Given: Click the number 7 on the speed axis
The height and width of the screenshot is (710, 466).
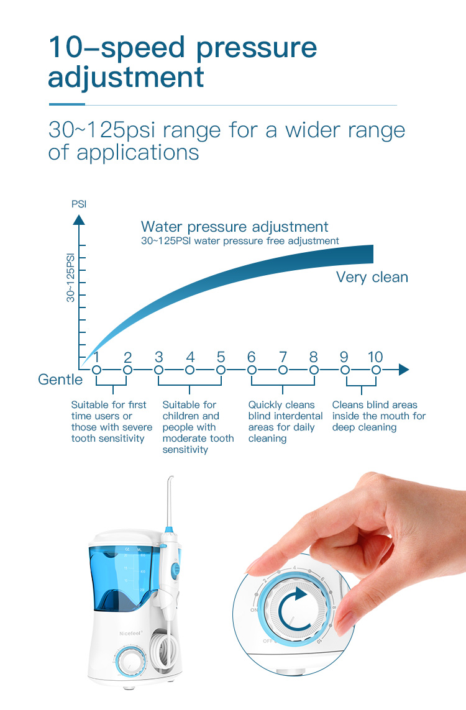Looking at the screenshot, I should [283, 357].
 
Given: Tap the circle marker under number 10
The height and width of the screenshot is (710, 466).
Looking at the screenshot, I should [376, 370].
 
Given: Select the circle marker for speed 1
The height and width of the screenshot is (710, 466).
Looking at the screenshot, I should [96, 370].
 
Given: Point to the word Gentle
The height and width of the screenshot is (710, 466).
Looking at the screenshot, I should [60, 380].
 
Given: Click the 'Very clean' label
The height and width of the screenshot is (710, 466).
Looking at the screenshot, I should [372, 277].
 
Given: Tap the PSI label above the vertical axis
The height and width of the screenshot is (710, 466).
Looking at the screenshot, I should [79, 204].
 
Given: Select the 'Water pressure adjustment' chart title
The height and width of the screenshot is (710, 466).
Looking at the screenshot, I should [234, 227].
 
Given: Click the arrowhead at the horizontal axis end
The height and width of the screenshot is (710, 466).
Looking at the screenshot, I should [404, 370].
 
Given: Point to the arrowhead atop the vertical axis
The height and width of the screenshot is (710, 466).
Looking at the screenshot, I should [79, 219].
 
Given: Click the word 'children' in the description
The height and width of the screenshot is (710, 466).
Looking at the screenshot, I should [182, 416].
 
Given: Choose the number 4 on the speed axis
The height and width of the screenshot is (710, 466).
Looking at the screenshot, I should [190, 357].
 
